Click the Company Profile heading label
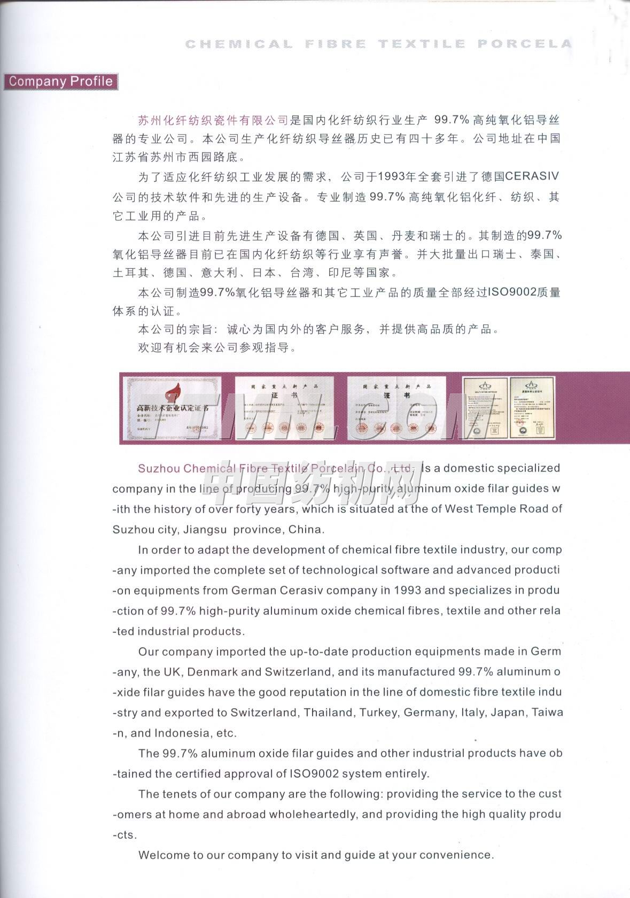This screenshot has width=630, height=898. coord(60,81)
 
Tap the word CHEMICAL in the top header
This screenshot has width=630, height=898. coord(239,44)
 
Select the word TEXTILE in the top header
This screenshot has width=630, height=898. coord(422,44)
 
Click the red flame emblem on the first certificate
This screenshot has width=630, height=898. coord(173,394)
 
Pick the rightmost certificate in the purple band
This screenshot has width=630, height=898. coord(532,407)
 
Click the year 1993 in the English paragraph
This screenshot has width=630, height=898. coord(407,591)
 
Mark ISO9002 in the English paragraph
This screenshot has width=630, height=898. coord(315,774)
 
